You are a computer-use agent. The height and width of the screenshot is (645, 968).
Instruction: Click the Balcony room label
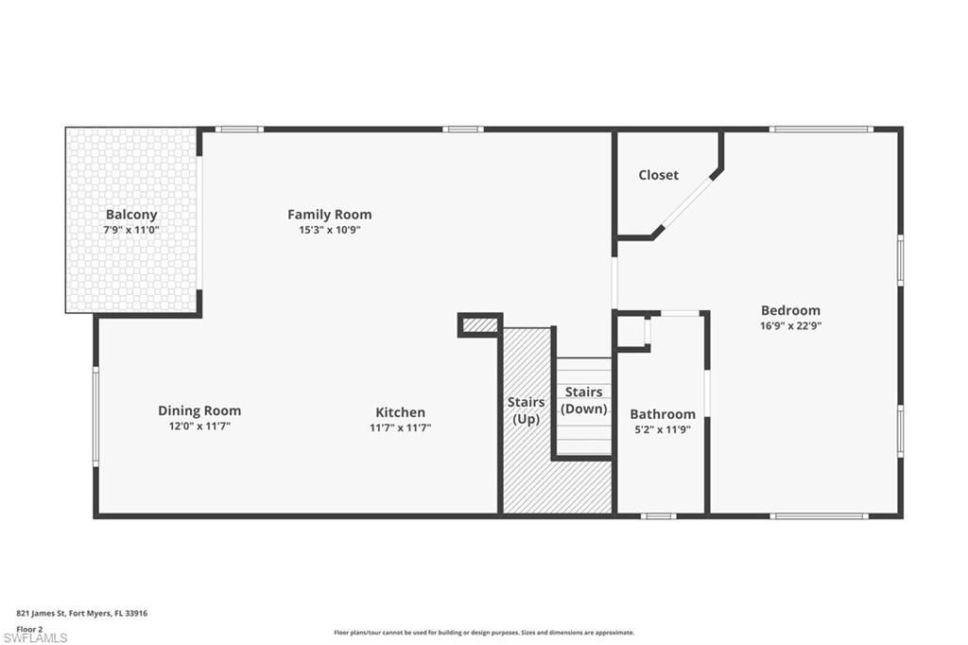click(131, 215)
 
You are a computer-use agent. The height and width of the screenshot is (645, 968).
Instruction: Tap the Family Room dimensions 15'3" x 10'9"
click(329, 230)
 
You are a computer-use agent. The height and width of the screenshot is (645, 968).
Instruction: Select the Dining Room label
click(199, 410)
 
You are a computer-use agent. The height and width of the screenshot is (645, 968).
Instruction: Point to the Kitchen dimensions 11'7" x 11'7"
click(400, 427)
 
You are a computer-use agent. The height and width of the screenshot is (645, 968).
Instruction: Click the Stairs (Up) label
click(526, 410)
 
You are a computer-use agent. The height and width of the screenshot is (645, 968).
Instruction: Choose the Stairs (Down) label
click(583, 400)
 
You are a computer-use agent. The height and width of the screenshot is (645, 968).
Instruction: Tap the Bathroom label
click(662, 414)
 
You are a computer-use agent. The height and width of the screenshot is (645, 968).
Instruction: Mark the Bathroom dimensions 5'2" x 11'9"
click(662, 429)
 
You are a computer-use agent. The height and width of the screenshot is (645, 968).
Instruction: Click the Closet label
click(658, 175)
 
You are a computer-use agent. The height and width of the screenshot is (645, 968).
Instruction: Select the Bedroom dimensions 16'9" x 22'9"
click(790, 325)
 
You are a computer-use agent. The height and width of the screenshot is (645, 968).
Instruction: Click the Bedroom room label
click(790, 310)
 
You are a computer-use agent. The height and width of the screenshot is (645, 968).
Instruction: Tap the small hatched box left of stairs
click(480, 325)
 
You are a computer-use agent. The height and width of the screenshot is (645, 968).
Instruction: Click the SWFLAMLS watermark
click(35, 637)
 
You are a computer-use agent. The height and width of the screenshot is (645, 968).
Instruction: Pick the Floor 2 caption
click(30, 628)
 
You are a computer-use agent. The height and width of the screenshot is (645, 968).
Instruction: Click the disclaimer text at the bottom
click(483, 633)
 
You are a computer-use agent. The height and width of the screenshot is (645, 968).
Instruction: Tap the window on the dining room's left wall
click(95, 416)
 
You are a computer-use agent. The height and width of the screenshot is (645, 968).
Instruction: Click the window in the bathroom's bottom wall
click(658, 516)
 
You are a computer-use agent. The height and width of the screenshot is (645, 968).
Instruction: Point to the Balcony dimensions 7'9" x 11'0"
click(131, 230)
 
